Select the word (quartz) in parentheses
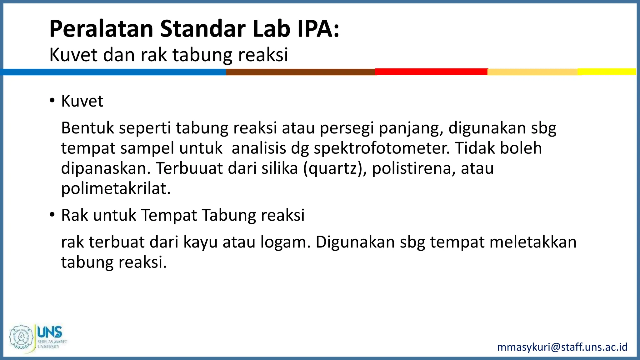click(x=335, y=168)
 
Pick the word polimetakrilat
click(x=116, y=188)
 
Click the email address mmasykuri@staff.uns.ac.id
click(x=562, y=347)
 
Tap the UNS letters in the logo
click(x=50, y=332)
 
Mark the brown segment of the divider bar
click(x=300, y=72)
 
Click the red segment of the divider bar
click(x=431, y=72)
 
